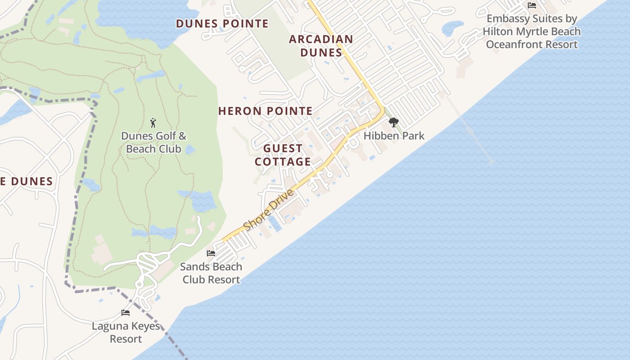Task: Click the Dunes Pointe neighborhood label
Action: pyautogui.click(x=222, y=23)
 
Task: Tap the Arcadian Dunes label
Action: pyautogui.click(x=321, y=45)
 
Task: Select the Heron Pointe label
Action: pyautogui.click(x=265, y=111)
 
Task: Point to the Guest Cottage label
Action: pyautogui.click(x=283, y=155)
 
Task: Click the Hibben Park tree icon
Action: pyautogui.click(x=393, y=122)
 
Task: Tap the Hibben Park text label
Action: pyautogui.click(x=394, y=135)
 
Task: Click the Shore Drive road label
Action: pyautogui.click(x=269, y=210)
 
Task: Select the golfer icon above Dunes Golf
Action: pyautogui.click(x=153, y=122)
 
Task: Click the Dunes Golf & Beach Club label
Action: pyautogui.click(x=153, y=142)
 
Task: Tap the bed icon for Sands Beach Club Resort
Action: pyautogui.click(x=211, y=253)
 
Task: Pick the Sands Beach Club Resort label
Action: pyautogui.click(x=211, y=273)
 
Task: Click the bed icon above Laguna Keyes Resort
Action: pyautogui.click(x=126, y=313)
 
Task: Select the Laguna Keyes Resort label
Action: pyautogui.click(x=126, y=332)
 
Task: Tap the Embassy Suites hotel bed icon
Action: pyautogui.click(x=531, y=6)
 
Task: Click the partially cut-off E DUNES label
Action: pyautogui.click(x=26, y=181)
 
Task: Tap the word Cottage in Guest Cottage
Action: pyautogui.click(x=283, y=162)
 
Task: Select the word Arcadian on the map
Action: pyautogui.click(x=321, y=39)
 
